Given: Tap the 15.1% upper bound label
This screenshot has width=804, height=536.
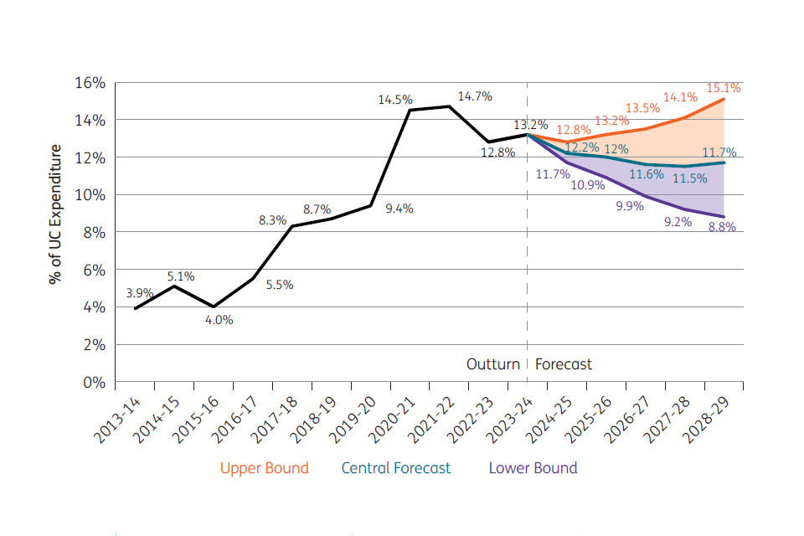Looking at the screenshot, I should [x=724, y=88].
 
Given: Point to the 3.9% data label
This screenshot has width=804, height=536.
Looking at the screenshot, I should [x=140, y=293].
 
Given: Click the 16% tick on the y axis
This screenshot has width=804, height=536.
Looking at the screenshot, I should [x=88, y=83].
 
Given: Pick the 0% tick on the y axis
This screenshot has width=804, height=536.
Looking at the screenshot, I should [x=92, y=382].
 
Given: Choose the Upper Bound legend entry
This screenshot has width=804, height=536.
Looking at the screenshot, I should [x=264, y=468].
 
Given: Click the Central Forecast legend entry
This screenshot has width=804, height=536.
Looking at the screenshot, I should [x=395, y=468].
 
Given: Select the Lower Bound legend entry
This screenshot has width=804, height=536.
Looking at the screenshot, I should [x=533, y=468].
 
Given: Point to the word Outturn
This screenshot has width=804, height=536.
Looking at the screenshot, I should [x=493, y=364].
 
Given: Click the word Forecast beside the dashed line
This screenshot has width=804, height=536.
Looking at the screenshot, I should [x=563, y=364].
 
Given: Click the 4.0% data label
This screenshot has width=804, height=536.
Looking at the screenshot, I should [x=219, y=320].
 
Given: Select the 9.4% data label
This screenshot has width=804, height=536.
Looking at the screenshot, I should [x=399, y=209].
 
